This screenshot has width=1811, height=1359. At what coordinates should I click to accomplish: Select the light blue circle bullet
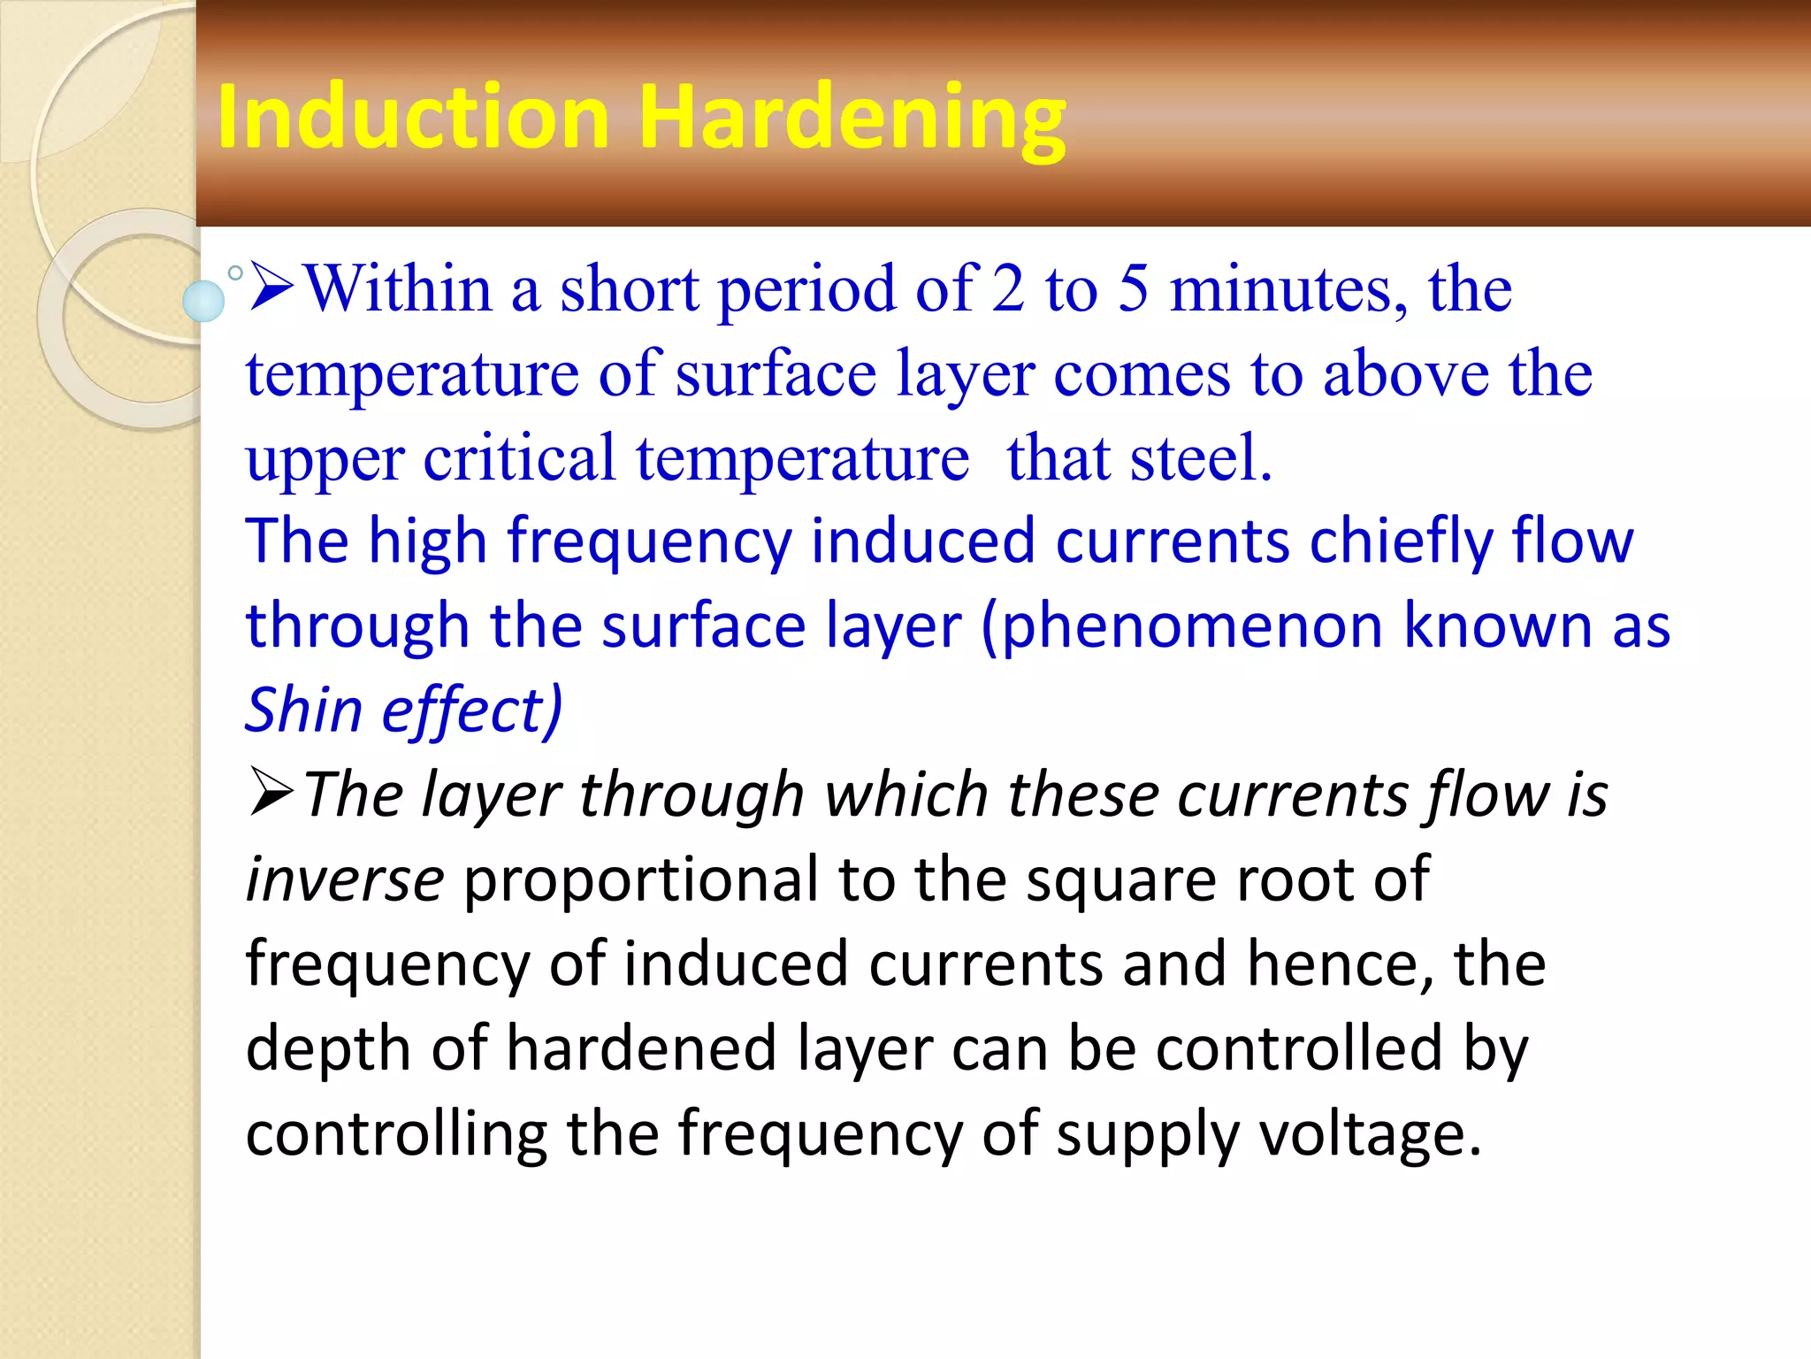203,301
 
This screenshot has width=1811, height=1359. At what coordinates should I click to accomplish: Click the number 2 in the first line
1007,288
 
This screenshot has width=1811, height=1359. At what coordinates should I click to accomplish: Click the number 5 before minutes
1133,288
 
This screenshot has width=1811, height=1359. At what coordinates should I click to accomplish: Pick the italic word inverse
344,879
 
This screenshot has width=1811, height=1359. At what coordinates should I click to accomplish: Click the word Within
398,288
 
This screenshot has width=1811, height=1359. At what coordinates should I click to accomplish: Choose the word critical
519,458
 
